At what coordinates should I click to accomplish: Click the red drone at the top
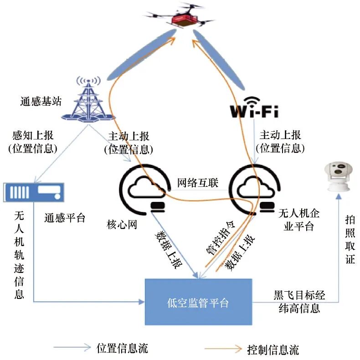(185, 17)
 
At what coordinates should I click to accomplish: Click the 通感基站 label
(41, 101)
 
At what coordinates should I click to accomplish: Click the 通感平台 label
(65, 218)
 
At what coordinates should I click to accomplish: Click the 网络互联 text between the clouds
(198, 183)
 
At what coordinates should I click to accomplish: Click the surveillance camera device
(337, 175)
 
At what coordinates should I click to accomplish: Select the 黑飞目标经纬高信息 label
(299, 301)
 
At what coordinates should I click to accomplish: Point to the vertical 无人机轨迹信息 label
(19, 255)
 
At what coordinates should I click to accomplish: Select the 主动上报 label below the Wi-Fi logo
(280, 141)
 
